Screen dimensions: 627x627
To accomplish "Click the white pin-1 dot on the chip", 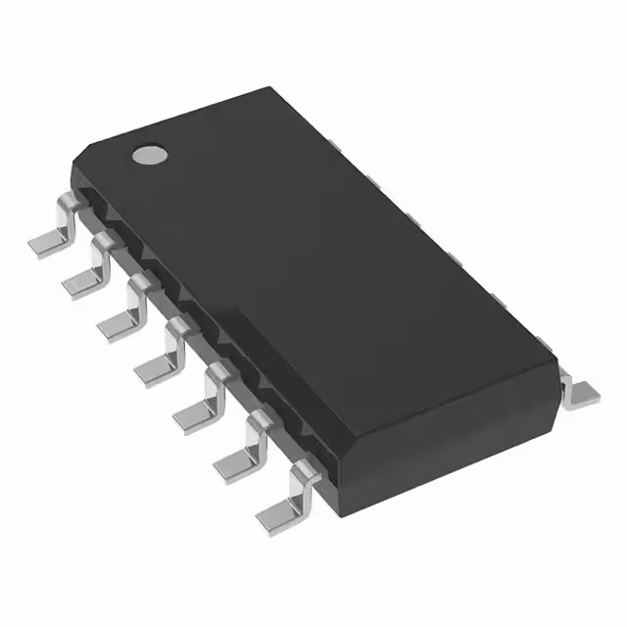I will click(x=150, y=154).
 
